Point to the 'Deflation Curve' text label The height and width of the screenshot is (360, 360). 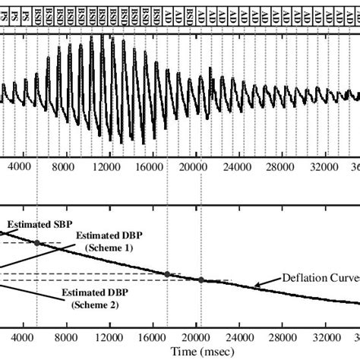tap(319, 276)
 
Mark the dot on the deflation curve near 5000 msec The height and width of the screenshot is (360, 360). tap(36, 242)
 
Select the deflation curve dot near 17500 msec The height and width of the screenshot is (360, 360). tap(167, 273)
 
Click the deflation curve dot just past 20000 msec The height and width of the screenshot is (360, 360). tap(201, 280)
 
